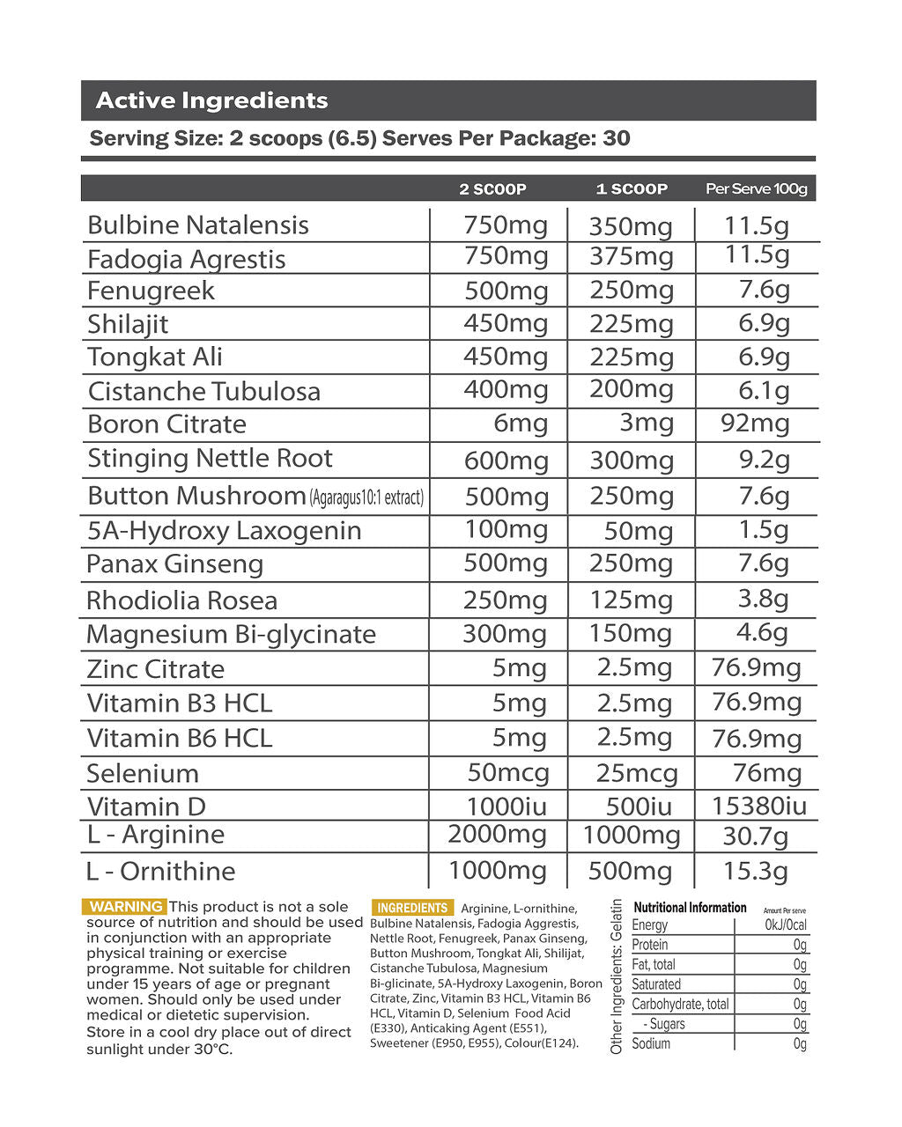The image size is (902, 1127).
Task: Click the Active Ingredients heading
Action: tap(211, 100)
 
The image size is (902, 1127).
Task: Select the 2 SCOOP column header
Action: tap(492, 188)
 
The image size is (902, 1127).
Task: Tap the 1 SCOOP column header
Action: tap(632, 188)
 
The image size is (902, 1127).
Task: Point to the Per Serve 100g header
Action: tap(756, 188)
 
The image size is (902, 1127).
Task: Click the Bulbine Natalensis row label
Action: tap(198, 225)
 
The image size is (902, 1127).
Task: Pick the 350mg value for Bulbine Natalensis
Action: tap(631, 226)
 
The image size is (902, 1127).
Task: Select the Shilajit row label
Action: tap(128, 324)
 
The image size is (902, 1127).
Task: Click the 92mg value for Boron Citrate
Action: tap(755, 424)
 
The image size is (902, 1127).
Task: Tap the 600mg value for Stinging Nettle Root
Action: tap(506, 460)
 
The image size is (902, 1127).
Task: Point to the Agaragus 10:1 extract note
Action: tap(367, 497)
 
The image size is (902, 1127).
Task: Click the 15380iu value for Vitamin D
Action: tap(758, 806)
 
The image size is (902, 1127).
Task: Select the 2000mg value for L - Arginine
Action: tap(497, 834)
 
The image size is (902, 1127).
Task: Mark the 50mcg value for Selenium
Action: tap(508, 773)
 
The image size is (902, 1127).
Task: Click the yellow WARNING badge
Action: tap(126, 906)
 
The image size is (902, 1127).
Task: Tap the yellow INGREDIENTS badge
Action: tap(412, 908)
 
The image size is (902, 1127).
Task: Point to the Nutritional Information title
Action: tap(690, 907)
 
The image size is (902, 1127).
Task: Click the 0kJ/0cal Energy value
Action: tap(786, 924)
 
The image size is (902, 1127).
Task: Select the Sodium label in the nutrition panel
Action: tap(651, 1043)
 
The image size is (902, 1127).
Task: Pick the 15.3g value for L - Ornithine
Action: tap(755, 871)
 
